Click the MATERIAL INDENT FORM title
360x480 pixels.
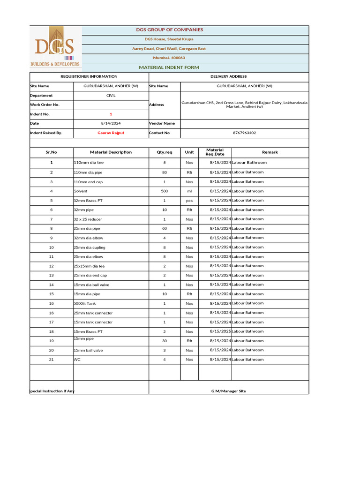[x=169, y=67]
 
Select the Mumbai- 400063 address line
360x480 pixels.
[x=169, y=58]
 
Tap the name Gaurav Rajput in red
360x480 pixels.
[x=111, y=133]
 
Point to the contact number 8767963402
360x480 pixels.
[x=244, y=133]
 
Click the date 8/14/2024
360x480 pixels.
[x=111, y=123]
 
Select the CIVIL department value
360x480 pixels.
[x=111, y=96]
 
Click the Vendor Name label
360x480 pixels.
[x=162, y=123]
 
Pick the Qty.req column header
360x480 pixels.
[x=165, y=152]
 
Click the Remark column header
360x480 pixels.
[x=270, y=152]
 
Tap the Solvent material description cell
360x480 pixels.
[x=81, y=191]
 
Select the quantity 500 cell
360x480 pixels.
[x=165, y=191]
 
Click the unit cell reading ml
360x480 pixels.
[x=189, y=191]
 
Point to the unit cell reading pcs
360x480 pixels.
[x=189, y=201]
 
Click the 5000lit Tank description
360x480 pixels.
[x=85, y=304]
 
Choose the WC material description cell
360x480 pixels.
[x=77, y=360]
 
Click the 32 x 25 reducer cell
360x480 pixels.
[x=88, y=219]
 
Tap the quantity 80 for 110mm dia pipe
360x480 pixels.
[x=165, y=172]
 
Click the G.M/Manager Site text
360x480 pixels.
[x=228, y=391]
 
